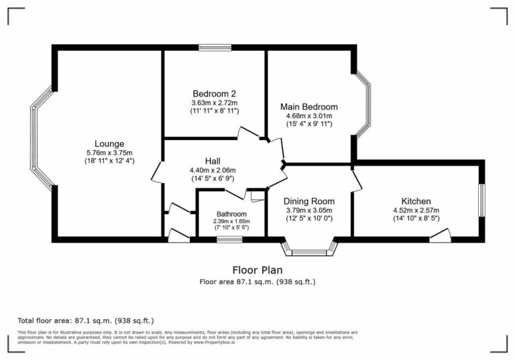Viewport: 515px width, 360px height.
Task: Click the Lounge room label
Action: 109,143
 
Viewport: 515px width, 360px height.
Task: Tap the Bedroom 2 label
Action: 214,93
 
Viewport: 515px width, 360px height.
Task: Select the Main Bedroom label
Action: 308,107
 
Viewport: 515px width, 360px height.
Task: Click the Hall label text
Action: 213,161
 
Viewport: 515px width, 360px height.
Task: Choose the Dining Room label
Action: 308,201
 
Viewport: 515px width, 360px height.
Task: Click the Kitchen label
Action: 416,201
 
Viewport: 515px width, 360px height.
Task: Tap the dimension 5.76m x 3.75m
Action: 109,152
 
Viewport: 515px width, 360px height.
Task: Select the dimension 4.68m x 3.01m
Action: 308,115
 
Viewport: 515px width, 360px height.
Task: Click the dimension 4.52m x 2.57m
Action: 416,210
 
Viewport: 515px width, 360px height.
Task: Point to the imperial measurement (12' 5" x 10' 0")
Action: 308,219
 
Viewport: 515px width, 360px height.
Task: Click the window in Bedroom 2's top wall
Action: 214,47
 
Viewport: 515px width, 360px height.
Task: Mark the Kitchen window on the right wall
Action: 481,200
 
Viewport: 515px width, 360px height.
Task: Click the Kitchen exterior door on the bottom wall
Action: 440,235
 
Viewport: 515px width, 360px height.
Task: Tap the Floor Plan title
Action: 257,269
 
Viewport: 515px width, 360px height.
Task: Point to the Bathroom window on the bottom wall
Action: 229,239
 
